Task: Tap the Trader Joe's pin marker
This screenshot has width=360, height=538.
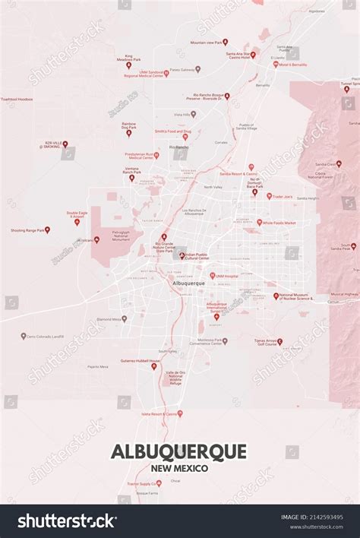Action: coord(268,196)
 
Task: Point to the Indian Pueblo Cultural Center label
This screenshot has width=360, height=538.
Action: coord(201,257)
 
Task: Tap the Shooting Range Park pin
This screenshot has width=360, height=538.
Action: coord(47,229)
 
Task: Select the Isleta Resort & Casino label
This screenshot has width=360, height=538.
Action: coord(159,413)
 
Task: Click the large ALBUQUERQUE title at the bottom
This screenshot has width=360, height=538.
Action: coord(179,451)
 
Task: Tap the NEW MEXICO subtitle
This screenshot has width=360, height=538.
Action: coord(179,468)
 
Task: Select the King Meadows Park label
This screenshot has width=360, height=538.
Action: coord(128,58)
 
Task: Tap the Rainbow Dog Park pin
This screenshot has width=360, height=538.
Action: coord(128,133)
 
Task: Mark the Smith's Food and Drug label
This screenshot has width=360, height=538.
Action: coord(172,131)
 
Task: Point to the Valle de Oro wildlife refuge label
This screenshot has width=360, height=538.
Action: coord(175,376)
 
